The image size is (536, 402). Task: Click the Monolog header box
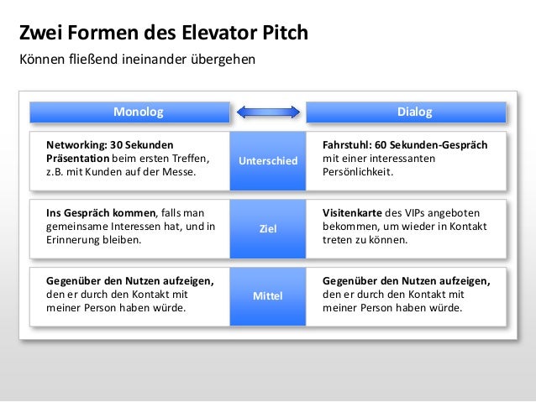130,112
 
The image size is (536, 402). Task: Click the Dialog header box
406,112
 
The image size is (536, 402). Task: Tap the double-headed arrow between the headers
268,112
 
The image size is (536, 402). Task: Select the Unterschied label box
268,159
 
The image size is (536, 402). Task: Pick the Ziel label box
268,227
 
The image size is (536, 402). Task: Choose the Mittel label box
268,296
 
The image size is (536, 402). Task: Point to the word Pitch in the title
285,34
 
